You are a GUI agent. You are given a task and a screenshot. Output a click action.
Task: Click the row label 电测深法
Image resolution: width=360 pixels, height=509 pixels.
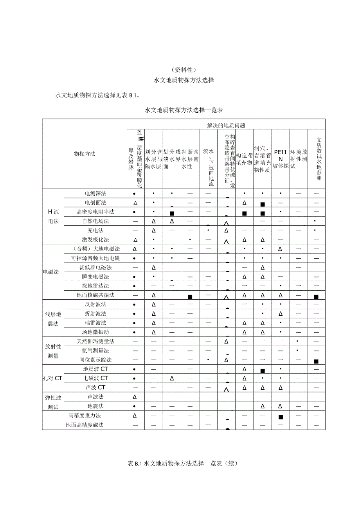[95, 193]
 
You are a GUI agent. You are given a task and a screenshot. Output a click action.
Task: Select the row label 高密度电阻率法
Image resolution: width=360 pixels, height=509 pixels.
[95, 212]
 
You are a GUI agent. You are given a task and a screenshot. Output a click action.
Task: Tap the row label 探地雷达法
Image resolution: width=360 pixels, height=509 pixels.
[95, 286]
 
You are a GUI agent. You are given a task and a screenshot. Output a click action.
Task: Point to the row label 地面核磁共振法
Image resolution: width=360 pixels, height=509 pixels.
[95, 295]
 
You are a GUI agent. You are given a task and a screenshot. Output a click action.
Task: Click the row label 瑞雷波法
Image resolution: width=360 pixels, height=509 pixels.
[95, 323]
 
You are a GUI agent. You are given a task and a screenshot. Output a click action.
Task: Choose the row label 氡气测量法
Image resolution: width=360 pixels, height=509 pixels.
[95, 351]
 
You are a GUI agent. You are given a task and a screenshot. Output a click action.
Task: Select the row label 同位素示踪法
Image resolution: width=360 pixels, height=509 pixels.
[95, 360]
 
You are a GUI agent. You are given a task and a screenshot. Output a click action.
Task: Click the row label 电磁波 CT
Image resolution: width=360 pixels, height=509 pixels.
[95, 378]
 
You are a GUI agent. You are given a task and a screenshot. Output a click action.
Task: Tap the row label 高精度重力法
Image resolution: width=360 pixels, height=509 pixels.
[85, 415]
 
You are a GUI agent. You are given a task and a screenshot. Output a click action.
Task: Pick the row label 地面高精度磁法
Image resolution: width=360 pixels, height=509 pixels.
[85, 425]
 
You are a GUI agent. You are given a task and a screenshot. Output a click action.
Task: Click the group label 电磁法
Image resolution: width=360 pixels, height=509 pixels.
[51, 272]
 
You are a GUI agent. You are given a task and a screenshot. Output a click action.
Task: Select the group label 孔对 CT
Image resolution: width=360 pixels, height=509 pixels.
[52, 378]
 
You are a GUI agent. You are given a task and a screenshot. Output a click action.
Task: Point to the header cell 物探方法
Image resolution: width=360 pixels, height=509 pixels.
[85, 154]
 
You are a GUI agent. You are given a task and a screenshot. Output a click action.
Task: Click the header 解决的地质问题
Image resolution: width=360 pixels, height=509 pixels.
[226, 126]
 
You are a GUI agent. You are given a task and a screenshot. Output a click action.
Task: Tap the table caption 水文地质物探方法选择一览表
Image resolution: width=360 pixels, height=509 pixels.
[184, 111]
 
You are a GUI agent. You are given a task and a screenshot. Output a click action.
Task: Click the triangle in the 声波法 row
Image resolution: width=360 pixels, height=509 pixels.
[135, 397]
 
